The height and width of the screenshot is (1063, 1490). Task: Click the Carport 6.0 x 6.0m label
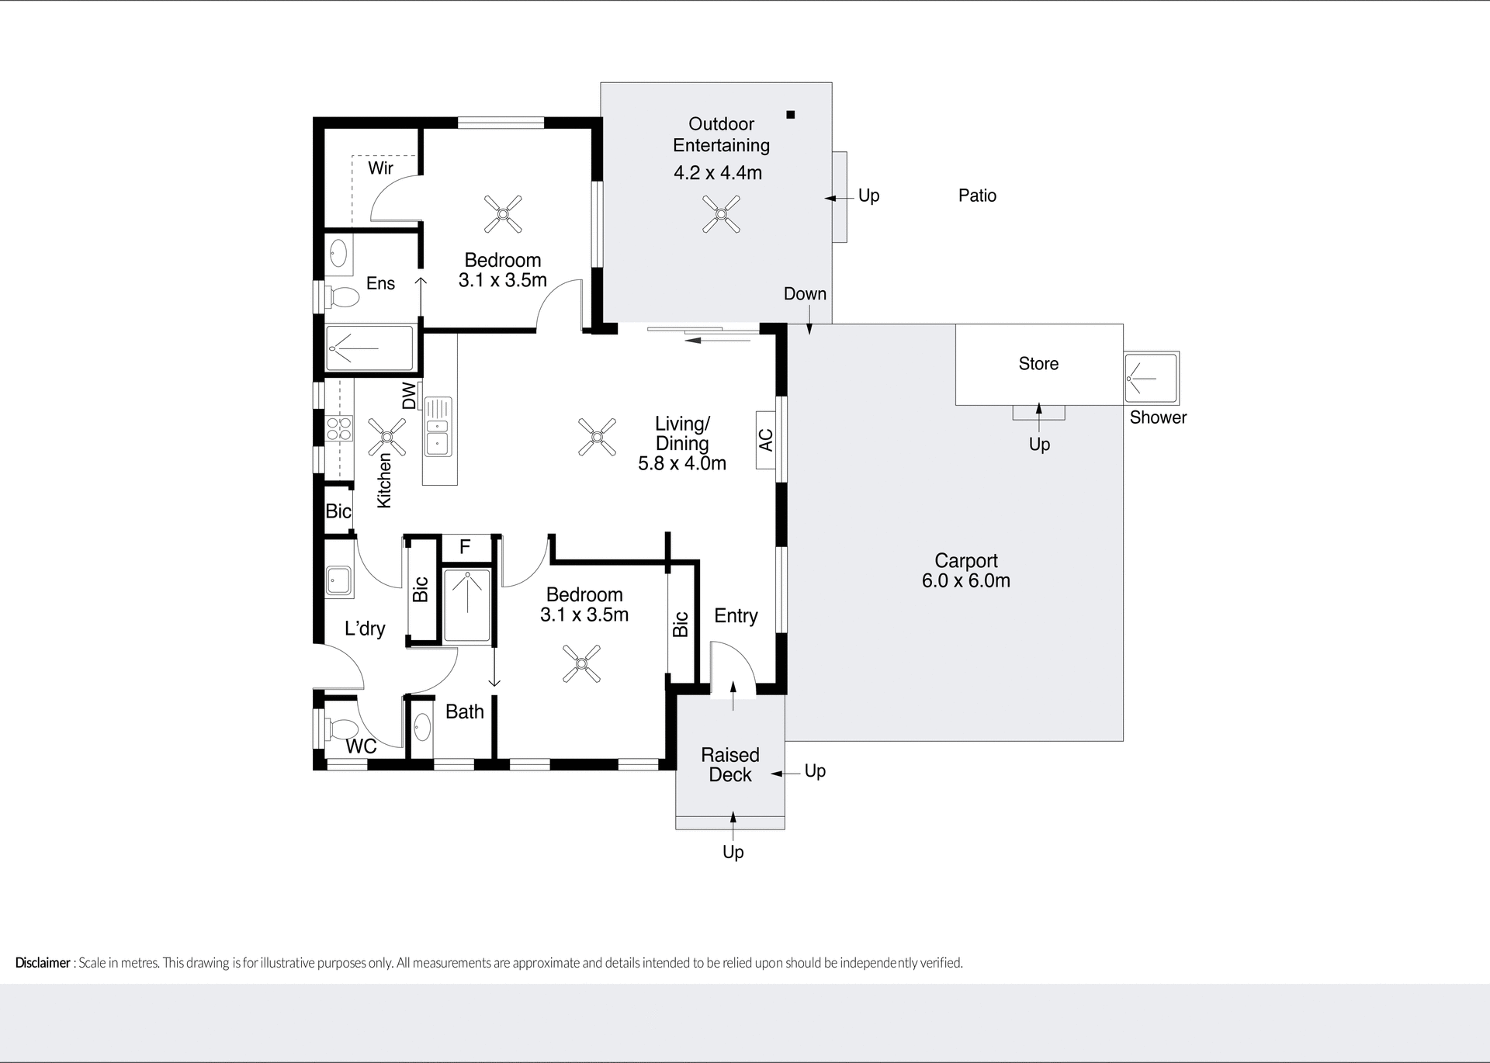click(965, 571)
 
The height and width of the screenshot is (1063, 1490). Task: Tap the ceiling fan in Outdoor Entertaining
click(722, 213)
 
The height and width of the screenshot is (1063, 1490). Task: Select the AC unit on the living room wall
click(766, 440)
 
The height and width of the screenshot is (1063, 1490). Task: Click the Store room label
click(1038, 364)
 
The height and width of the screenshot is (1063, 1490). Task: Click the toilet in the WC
click(341, 729)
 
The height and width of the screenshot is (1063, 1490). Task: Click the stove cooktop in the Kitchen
click(338, 429)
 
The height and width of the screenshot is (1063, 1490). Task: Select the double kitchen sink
click(438, 435)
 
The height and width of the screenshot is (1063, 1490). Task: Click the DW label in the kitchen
click(409, 396)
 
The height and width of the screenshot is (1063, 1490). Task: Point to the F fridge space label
click(465, 547)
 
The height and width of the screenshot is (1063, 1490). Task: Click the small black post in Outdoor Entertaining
click(791, 115)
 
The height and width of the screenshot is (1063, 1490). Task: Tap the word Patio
click(977, 196)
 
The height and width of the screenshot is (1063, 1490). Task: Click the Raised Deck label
click(729, 765)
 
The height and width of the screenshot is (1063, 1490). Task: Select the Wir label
click(380, 168)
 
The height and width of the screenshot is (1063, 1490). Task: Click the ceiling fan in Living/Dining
click(598, 437)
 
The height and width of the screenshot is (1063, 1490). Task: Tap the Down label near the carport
click(805, 294)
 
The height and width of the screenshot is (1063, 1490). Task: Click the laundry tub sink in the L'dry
click(338, 580)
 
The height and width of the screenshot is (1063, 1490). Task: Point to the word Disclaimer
click(43, 963)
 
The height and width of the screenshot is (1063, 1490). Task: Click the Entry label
click(736, 616)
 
